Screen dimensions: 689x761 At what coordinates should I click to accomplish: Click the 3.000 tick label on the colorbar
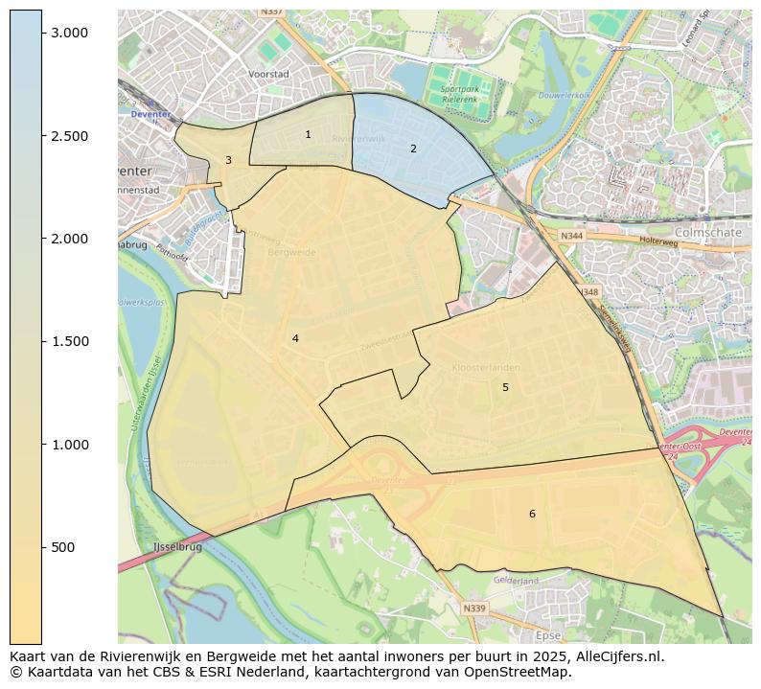coord(70,33)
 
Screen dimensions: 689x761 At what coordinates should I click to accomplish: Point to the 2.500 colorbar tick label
coord(70,136)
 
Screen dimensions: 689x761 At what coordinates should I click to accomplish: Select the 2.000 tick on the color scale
coord(70,239)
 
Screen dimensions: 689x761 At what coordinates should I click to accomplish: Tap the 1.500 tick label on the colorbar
coord(70,342)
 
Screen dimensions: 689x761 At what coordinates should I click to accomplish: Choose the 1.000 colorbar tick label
coord(70,445)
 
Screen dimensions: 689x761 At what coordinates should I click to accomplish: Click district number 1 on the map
coord(308,135)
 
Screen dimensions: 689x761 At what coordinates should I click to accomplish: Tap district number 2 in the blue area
coord(413,149)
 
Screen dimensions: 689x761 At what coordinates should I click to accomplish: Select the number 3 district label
coord(228,161)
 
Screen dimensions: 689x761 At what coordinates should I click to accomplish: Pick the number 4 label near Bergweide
coord(295,339)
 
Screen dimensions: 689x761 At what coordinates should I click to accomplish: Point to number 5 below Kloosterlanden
coord(505,388)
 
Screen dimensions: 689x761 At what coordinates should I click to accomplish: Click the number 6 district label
coord(532,515)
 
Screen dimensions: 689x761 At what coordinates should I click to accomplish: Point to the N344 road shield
coord(572,236)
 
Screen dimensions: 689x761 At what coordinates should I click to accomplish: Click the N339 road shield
coord(473,609)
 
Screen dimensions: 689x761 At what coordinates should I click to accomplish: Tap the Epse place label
coord(548,635)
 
